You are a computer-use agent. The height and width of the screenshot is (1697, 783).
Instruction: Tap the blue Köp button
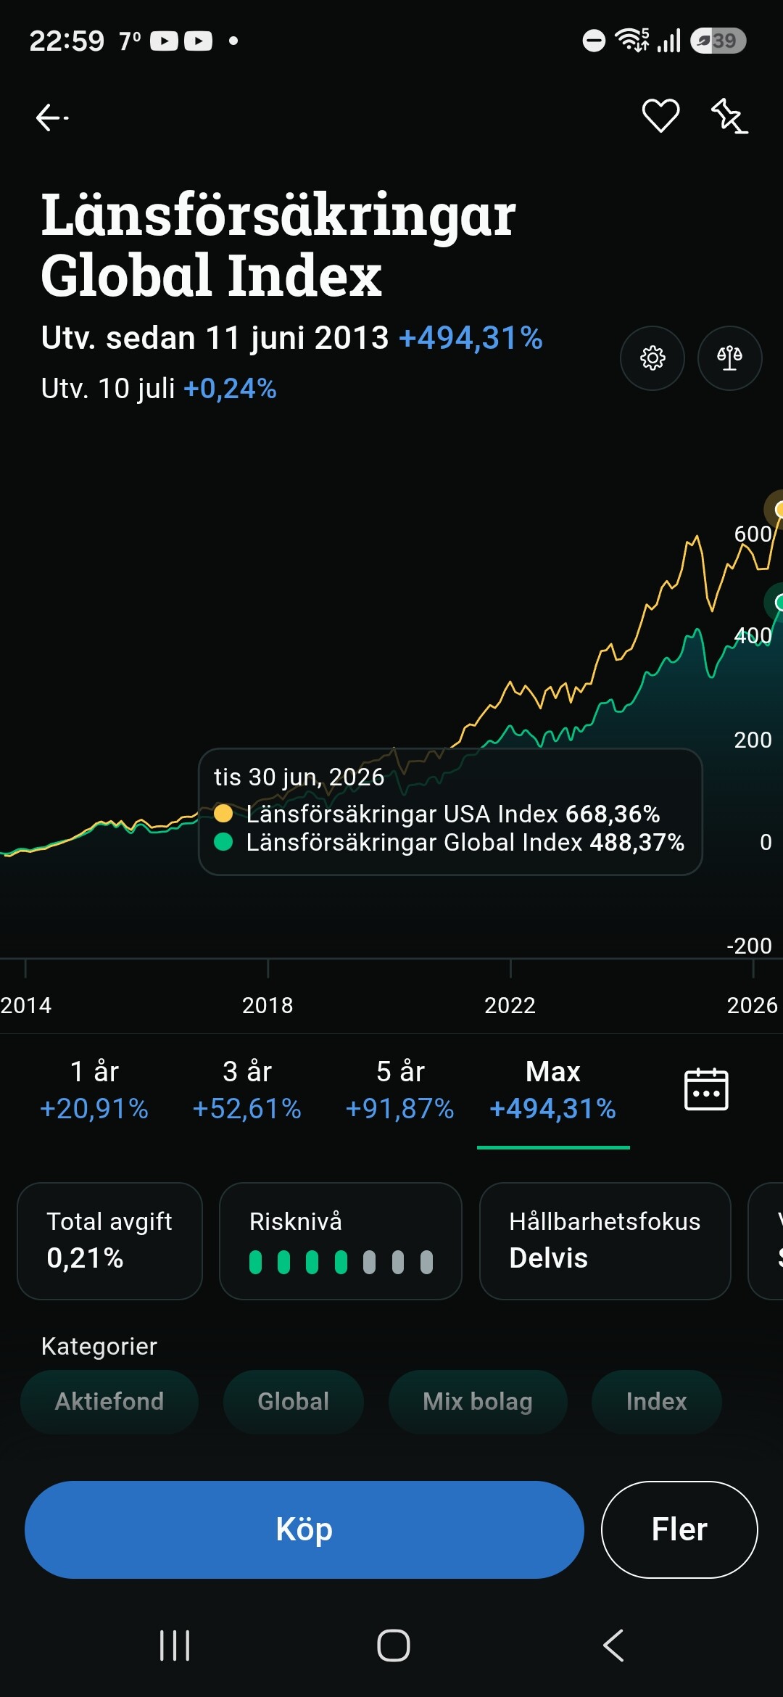coord(304,1529)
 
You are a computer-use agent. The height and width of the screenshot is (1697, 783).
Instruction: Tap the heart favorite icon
coord(660,116)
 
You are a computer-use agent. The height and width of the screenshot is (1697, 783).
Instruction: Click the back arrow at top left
coord(51,117)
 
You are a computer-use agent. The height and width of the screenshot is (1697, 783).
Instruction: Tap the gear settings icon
coord(652,358)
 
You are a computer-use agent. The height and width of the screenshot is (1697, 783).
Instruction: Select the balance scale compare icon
coord(729,358)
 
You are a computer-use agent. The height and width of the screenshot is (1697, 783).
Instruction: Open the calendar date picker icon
coord(706,1089)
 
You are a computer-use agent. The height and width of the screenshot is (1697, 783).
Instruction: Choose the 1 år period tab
coord(94,1090)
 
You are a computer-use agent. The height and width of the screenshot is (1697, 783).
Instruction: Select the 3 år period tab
coord(247,1090)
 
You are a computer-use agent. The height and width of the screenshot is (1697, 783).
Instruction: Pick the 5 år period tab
coord(400,1090)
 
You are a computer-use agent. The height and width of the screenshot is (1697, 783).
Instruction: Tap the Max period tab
coord(553,1090)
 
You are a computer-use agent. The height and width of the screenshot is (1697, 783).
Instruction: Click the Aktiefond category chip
coord(109,1401)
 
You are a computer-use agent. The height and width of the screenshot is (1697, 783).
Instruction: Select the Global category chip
coord(294,1401)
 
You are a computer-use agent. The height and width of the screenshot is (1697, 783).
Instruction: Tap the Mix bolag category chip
coord(478,1401)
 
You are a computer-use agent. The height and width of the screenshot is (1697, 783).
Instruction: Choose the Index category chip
coord(657,1401)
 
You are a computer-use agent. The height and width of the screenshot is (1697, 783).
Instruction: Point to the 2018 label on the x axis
coord(268,1005)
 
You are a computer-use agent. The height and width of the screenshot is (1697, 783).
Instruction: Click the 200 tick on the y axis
coord(753,740)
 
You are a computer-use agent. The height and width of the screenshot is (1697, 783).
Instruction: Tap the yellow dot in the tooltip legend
coord(223,814)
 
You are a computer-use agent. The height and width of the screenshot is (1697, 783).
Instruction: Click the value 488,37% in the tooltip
coord(637,843)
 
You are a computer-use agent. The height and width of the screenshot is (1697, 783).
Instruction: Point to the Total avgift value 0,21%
coord(85,1258)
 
